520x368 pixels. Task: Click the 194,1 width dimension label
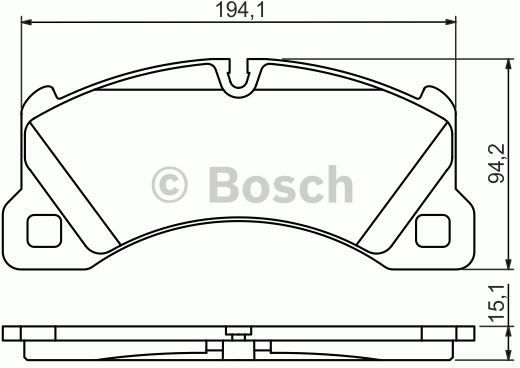pyautogui.click(x=240, y=10)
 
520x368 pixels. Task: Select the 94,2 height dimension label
pyautogui.click(x=497, y=163)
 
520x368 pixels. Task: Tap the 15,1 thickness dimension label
pyautogui.click(x=498, y=303)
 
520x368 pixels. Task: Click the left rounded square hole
pyautogui.click(x=44, y=231)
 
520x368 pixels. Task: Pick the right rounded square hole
pyautogui.click(x=433, y=231)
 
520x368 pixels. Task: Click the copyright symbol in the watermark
pyautogui.click(x=170, y=185)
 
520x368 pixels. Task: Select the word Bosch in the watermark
pyautogui.click(x=281, y=184)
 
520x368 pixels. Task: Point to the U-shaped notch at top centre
pyautogui.click(x=238, y=83)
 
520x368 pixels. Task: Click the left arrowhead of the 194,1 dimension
pyautogui.click(x=26, y=22)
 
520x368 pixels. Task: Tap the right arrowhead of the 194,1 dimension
pyautogui.click(x=451, y=22)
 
